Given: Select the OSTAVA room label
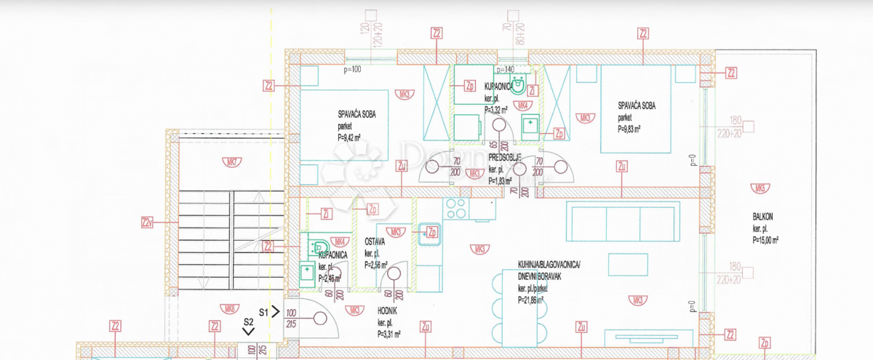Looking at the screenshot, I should [366, 241].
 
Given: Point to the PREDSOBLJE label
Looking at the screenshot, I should [504, 156].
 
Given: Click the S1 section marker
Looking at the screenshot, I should [266, 311].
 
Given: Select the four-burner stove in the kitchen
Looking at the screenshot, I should [457, 208].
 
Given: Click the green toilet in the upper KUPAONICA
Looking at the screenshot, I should [519, 86].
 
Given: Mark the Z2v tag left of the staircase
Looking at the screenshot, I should [148, 222].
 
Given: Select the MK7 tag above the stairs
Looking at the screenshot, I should [210, 159].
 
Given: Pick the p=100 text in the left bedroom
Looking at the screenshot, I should [352, 70].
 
